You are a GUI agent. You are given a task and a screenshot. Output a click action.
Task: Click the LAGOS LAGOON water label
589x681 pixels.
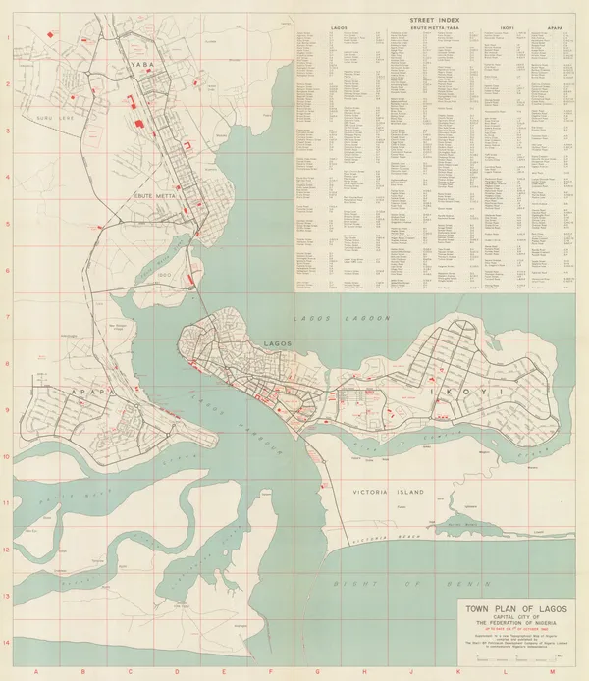[x=344, y=319]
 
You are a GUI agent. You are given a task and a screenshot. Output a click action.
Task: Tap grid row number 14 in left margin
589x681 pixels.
[x=7, y=643]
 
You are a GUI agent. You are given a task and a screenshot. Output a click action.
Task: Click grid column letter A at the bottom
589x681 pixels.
[x=36, y=672]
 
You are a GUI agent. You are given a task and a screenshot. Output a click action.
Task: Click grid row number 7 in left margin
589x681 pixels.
[x=7, y=317]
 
